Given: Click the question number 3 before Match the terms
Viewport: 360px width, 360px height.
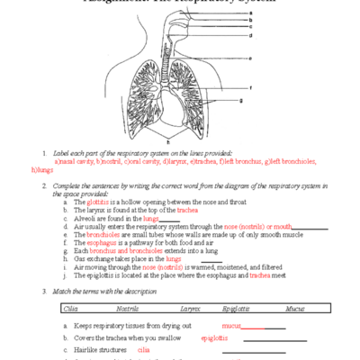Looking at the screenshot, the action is tap(45, 291).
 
